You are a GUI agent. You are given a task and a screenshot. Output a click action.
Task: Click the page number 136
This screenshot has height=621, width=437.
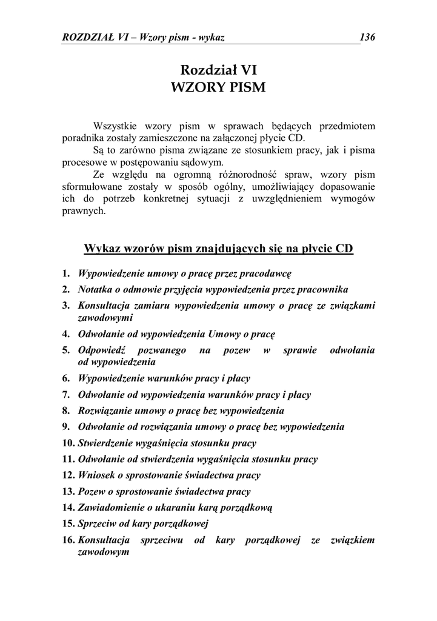coord(367,38)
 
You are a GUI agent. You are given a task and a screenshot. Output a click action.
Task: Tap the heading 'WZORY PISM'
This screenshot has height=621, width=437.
coord(219,87)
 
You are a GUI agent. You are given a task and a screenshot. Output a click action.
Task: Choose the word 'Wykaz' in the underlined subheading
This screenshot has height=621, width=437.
coord(101,249)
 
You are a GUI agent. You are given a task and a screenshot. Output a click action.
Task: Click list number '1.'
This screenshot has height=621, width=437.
coord(67,274)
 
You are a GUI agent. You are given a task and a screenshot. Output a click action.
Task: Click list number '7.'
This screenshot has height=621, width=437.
coord(67,394)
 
